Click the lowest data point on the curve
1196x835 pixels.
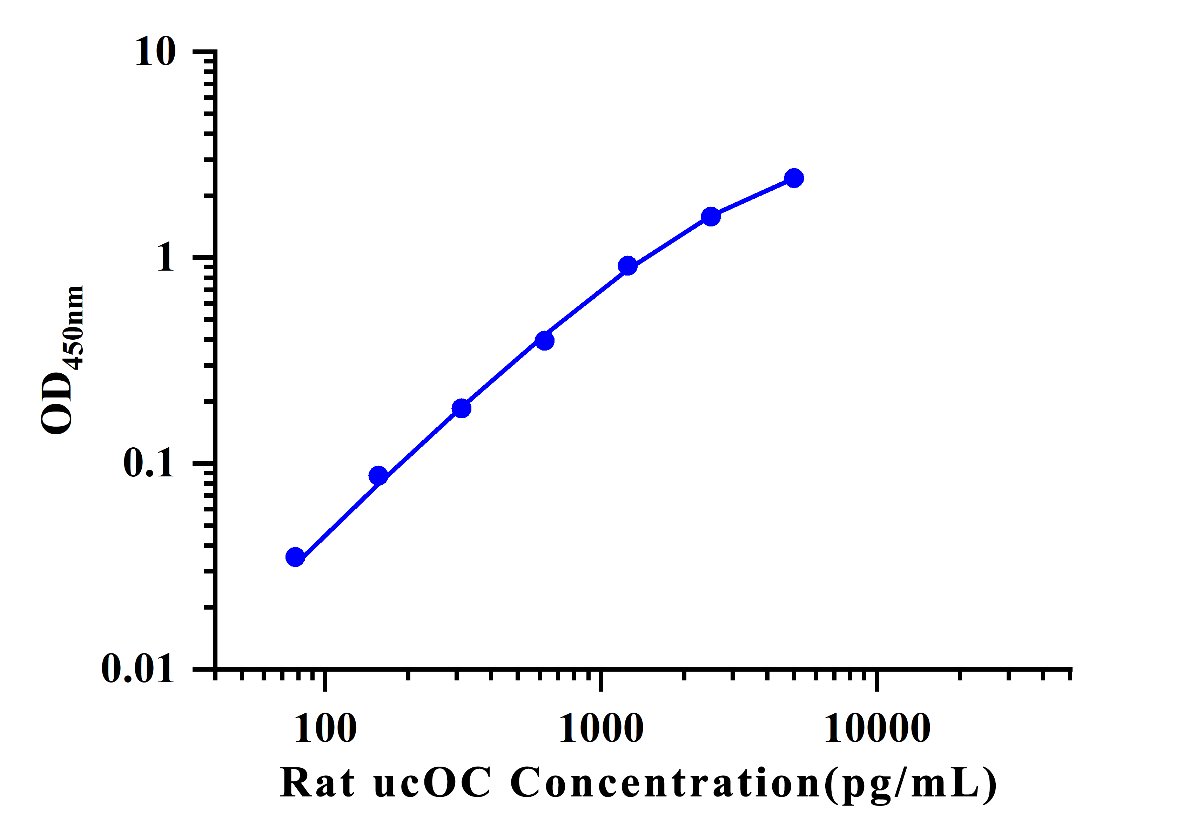coord(295,557)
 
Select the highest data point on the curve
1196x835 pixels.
coord(794,178)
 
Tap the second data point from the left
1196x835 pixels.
coord(378,475)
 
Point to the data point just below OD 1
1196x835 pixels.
coord(628,266)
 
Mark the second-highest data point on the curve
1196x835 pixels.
coord(711,217)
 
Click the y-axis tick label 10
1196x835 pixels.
coord(155,52)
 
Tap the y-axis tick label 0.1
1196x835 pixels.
coord(148,463)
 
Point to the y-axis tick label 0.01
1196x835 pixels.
coord(137,668)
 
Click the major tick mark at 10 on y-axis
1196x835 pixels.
coord(204,51)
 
